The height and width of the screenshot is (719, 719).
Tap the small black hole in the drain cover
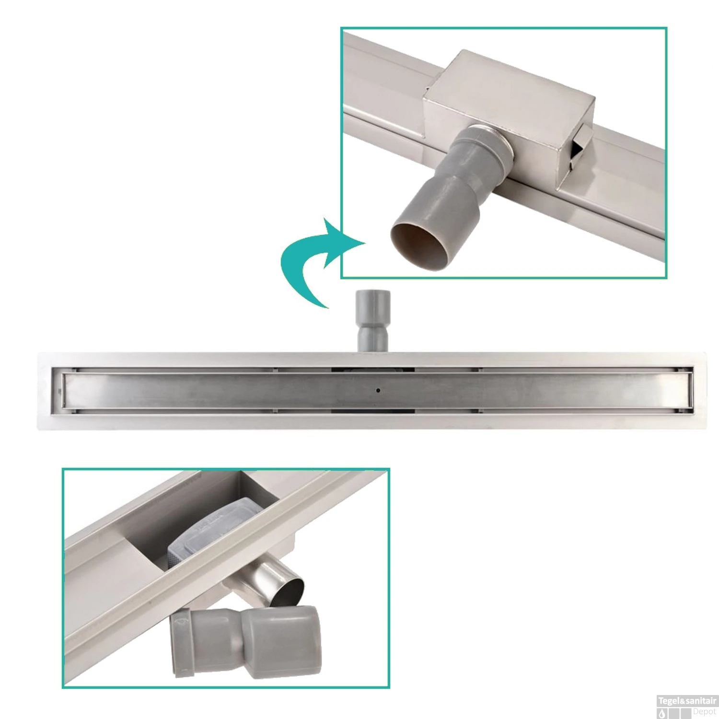coord(379,391)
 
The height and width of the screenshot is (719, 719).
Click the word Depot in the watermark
coord(704,711)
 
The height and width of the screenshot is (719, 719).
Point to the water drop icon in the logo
coord(663,713)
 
